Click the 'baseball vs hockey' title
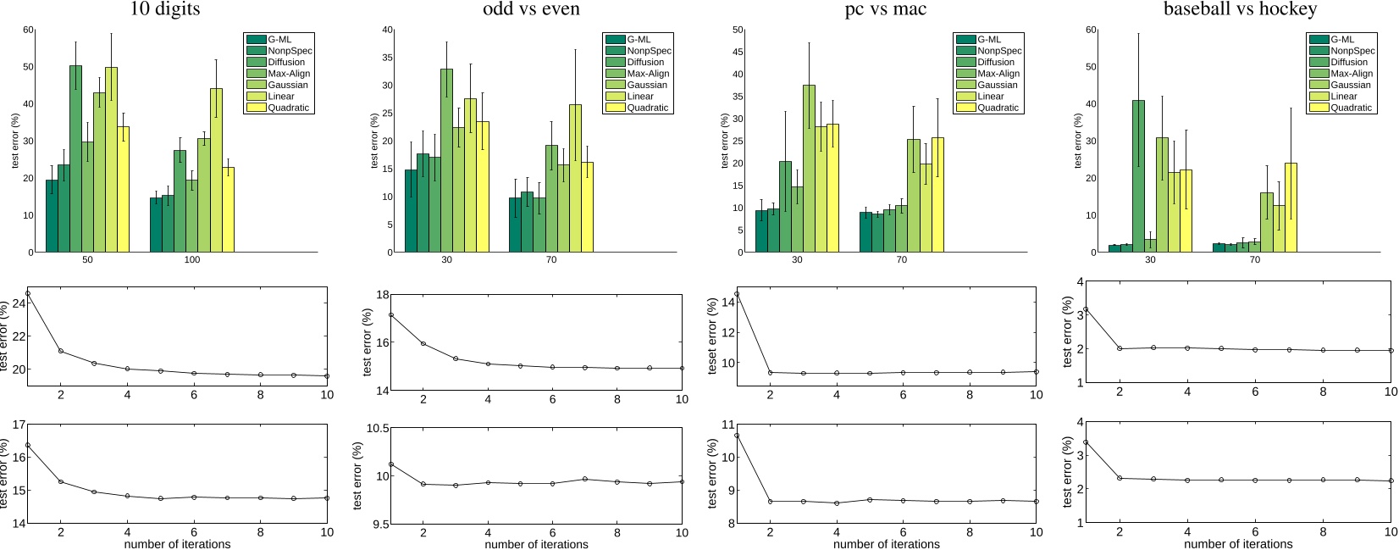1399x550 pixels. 1239,10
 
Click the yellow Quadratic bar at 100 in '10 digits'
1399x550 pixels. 229,209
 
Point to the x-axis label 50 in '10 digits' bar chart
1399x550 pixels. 87,260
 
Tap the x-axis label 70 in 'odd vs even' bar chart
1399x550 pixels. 551,260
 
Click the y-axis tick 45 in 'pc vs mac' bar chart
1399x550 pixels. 738,52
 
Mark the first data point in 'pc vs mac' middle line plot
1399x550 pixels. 737,294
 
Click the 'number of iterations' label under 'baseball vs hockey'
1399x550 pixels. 1239,543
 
